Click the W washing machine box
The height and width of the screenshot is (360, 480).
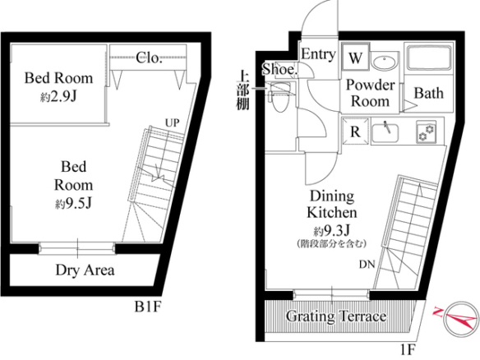(x=356, y=57)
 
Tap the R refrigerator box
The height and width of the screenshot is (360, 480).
(x=355, y=131)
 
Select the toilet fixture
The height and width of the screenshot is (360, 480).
(x=279, y=97)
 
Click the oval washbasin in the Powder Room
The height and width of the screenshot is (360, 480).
(x=384, y=63)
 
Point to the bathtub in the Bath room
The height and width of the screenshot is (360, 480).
(x=428, y=59)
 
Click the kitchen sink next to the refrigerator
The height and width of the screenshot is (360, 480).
(x=385, y=133)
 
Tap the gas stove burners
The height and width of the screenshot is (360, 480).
(x=426, y=132)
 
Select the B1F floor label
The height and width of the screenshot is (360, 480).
(x=148, y=307)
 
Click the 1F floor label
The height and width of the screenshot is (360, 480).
(x=408, y=348)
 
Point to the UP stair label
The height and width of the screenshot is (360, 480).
(x=173, y=122)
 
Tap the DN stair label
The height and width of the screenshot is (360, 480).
(x=367, y=264)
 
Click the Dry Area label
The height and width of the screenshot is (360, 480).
(x=85, y=270)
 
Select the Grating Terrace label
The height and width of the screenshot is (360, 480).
(x=336, y=316)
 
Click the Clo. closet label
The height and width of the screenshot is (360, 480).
(x=149, y=58)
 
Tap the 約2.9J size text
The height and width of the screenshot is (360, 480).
(x=58, y=97)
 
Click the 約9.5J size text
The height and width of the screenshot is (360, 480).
(x=73, y=203)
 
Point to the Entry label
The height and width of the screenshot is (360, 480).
(x=318, y=54)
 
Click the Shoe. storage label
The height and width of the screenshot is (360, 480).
(x=279, y=69)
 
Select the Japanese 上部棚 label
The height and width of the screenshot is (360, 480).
(x=242, y=90)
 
